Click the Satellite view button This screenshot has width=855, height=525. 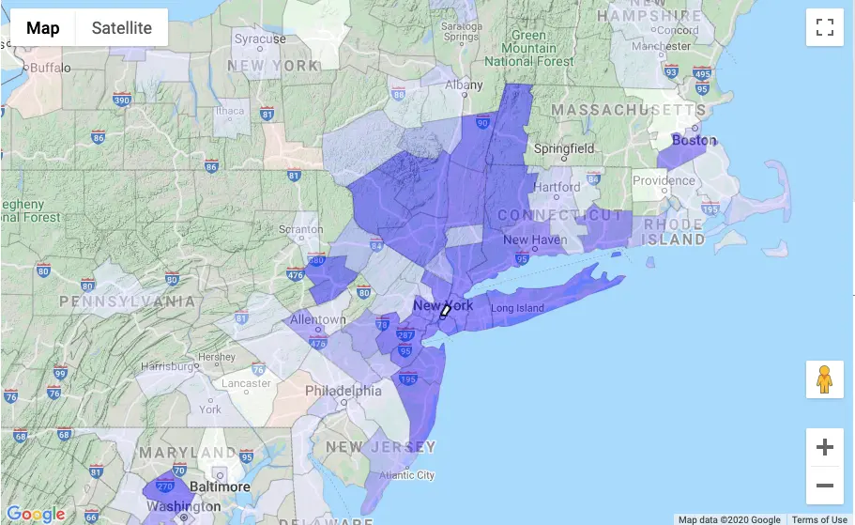pyautogui.click(x=121, y=28)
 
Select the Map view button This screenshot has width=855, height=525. pyautogui.click(x=42, y=28)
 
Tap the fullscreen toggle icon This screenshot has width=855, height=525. pyautogui.click(x=825, y=27)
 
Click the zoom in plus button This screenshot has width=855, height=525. pyautogui.click(x=825, y=447)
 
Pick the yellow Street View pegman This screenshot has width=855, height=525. pyautogui.click(x=825, y=379)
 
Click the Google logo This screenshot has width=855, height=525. pyautogui.click(x=36, y=514)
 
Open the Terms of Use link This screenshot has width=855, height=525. pyautogui.click(x=818, y=519)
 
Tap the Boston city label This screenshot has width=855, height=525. pyautogui.click(x=694, y=141)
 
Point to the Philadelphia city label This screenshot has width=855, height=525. pyautogui.click(x=344, y=391)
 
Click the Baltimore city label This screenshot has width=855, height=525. pyautogui.click(x=220, y=486)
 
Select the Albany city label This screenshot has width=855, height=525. pyautogui.click(x=464, y=85)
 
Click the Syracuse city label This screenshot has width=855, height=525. pyautogui.click(x=260, y=39)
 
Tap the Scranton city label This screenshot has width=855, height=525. pyautogui.click(x=300, y=229)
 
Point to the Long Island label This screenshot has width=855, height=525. pyautogui.click(x=517, y=308)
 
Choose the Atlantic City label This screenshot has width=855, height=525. pyautogui.click(x=406, y=475)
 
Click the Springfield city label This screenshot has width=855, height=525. pyautogui.click(x=563, y=148)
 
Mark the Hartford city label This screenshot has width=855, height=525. pyautogui.click(x=557, y=186)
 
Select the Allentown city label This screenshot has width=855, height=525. pyautogui.click(x=318, y=319)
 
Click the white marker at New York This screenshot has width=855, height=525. pyautogui.click(x=446, y=311)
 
